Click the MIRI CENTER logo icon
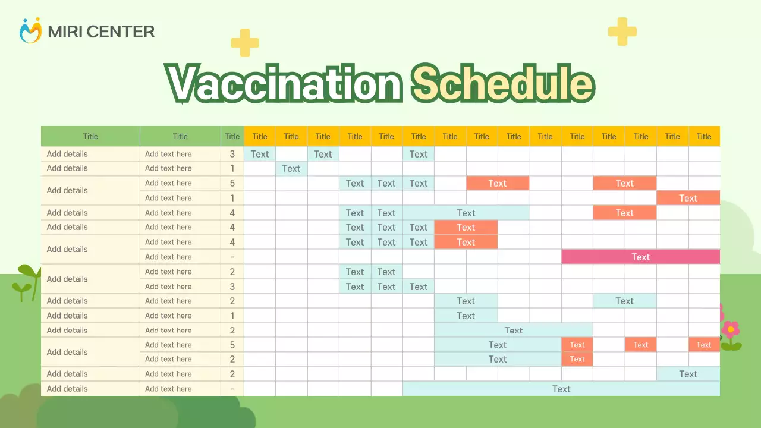click(30, 30)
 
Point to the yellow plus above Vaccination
click(245, 43)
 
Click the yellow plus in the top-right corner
click(622, 32)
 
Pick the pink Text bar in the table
click(640, 257)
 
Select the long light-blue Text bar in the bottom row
click(561, 389)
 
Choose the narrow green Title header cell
click(232, 136)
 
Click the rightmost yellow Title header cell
click(704, 136)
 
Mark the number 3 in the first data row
click(232, 154)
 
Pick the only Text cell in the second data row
click(291, 168)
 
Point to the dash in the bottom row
click(232, 389)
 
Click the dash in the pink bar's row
click(232, 257)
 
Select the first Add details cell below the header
click(67, 154)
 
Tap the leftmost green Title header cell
click(90, 136)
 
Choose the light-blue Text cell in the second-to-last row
click(688, 374)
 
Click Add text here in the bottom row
click(168, 389)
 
